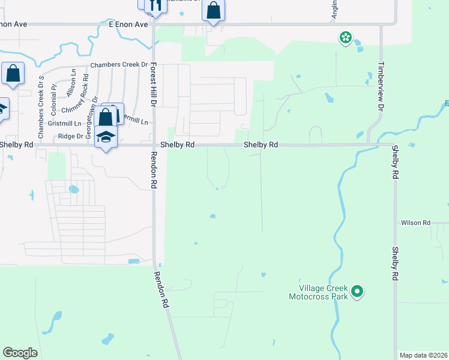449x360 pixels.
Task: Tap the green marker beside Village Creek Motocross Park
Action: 357,292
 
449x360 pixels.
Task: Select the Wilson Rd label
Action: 416,223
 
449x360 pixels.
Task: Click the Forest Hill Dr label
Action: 154,85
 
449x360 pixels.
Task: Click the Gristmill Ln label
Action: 65,123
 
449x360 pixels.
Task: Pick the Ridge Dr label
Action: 70,136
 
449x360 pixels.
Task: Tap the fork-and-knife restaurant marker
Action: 155,5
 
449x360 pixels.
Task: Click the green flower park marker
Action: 345,39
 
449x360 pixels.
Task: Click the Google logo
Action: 20,353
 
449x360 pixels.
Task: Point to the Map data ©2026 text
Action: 423,355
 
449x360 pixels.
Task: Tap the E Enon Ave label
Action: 128,25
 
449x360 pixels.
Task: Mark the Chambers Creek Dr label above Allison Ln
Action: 119,65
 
